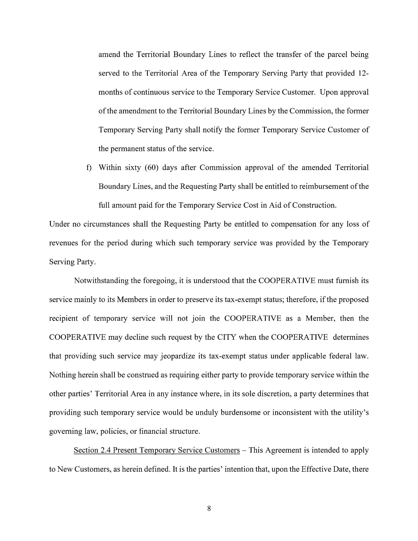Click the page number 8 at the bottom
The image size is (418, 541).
209,508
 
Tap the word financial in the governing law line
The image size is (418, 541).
153,431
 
